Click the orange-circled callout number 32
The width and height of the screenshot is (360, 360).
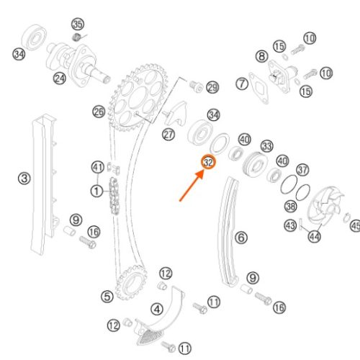point(208,162)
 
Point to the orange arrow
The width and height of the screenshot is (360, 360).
point(192,185)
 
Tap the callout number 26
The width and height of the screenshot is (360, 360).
point(99,112)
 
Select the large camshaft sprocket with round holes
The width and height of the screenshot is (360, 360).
point(138,98)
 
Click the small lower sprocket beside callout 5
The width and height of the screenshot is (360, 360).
point(131,282)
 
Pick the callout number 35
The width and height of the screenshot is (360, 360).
point(78,24)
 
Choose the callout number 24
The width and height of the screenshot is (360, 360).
point(60,78)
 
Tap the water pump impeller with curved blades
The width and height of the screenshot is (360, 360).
point(325,206)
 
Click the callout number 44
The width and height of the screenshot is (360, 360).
point(315,236)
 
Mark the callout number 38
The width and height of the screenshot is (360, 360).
point(291,206)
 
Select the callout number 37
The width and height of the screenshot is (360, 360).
point(302,170)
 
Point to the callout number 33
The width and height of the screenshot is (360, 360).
point(267,146)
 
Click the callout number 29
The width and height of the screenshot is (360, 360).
point(212,87)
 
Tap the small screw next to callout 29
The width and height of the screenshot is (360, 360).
point(197,86)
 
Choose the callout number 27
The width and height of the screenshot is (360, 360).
point(168,135)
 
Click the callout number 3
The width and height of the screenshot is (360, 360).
point(24,179)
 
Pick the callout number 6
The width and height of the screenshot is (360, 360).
point(241,238)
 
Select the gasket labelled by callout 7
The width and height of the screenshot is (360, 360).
point(258,88)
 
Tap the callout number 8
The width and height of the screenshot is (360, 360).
point(261,56)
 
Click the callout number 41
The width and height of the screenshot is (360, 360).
point(98,167)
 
